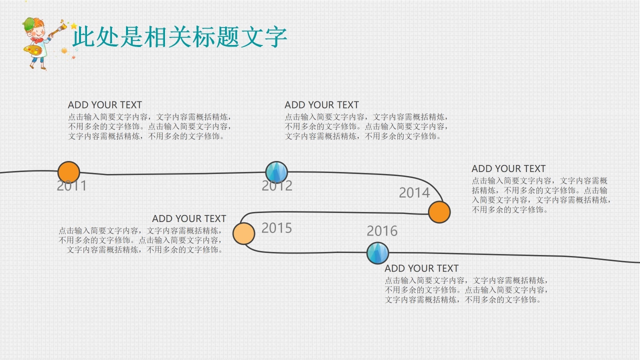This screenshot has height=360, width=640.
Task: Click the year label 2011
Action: pyautogui.click(x=72, y=186)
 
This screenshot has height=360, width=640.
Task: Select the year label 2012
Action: pyautogui.click(x=277, y=186)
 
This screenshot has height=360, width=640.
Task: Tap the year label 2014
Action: pyautogui.click(x=414, y=193)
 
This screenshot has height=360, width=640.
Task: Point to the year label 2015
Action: pyautogui.click(x=276, y=228)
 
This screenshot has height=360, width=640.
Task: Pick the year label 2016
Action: pyautogui.click(x=382, y=231)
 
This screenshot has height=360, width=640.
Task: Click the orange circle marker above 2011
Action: pyautogui.click(x=69, y=172)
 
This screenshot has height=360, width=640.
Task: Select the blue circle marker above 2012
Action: pyautogui.click(x=276, y=172)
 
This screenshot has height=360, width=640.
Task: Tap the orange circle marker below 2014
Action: pyautogui.click(x=439, y=212)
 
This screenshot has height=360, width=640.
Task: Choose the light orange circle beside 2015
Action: pyautogui.click(x=244, y=233)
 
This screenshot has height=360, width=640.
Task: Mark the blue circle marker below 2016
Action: pyautogui.click(x=377, y=253)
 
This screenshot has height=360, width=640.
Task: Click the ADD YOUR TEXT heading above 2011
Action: pyautogui.click(x=105, y=105)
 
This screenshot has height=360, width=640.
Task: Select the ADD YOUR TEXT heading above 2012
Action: pyautogui.click(x=322, y=105)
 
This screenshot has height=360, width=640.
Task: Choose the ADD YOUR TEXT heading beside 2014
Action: pyautogui.click(x=508, y=169)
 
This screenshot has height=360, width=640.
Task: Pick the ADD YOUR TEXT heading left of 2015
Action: pyautogui.click(x=189, y=219)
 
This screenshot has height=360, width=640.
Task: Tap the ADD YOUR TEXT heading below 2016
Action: pyautogui.click(x=421, y=268)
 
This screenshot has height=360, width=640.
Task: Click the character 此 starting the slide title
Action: pyautogui.click(x=83, y=37)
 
